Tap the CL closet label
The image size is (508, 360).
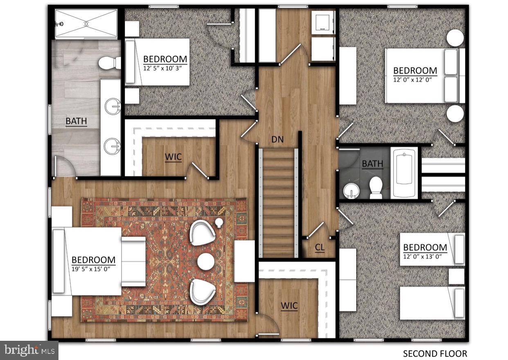coord(319,248)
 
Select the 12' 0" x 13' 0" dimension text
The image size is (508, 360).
coord(425,257)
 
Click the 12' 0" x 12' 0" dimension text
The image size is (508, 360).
coord(415,80)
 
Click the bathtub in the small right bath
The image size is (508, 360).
coord(404,173)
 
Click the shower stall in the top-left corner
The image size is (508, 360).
coord(86,24)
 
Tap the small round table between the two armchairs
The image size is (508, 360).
coord(205,261)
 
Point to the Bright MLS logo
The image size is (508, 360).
coord(29,351)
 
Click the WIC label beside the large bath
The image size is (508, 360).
coord(173,157)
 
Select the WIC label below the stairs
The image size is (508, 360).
coord(289,306)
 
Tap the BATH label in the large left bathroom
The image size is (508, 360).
coord(76,121)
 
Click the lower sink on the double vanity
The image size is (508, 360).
coord(111,146)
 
